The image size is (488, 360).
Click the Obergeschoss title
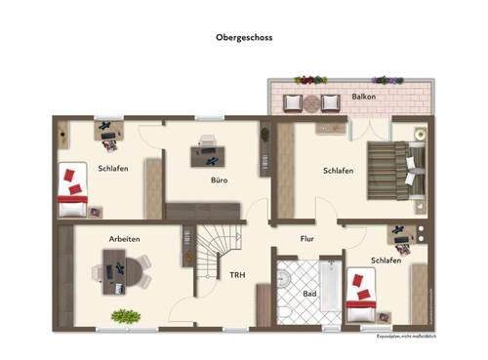point(245,39)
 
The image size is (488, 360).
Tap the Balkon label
point(365,98)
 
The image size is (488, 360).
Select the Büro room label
point(220,180)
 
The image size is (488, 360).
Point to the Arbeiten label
point(125,239)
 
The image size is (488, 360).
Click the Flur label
point(306,237)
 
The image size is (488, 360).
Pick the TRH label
point(237,275)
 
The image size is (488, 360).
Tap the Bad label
point(310,293)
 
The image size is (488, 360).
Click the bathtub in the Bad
point(331,288)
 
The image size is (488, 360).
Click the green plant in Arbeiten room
point(125,316)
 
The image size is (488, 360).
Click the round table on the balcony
point(311,100)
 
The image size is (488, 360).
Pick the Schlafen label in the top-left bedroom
point(112,168)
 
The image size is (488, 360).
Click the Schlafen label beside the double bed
point(338,171)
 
